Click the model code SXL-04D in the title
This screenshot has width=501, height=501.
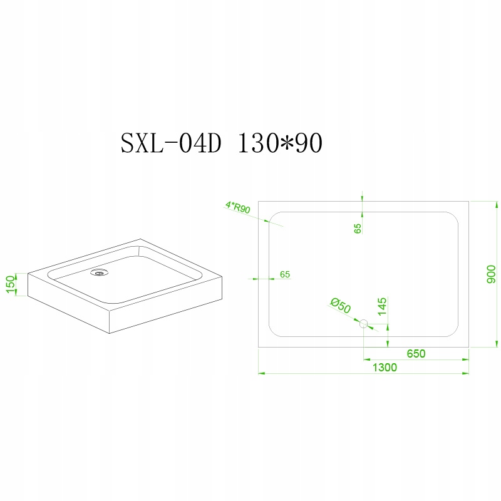[x=171, y=144]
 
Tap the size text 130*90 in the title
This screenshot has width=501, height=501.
[x=280, y=143]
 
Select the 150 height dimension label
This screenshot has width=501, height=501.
[x=11, y=284]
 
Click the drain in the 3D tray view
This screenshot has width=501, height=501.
[x=100, y=272]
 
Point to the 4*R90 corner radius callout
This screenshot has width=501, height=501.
[x=238, y=207]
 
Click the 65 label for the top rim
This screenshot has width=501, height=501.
[x=358, y=228]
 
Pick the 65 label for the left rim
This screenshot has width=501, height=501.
[x=285, y=274]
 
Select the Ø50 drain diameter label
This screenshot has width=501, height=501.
[x=341, y=306]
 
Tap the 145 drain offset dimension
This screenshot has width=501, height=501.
[x=382, y=306]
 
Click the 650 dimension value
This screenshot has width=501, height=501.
[x=416, y=353]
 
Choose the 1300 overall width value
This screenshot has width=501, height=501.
[x=385, y=368]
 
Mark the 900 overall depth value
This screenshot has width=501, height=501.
[x=491, y=274]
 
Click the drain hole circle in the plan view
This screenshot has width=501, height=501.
[x=364, y=324]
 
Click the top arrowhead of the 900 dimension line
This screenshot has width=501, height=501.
[x=497, y=205]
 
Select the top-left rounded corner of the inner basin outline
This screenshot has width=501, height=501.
[x=272, y=215]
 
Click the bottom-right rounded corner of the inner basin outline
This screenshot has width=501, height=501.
[x=455, y=333]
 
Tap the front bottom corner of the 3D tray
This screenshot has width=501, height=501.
[x=110, y=334]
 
